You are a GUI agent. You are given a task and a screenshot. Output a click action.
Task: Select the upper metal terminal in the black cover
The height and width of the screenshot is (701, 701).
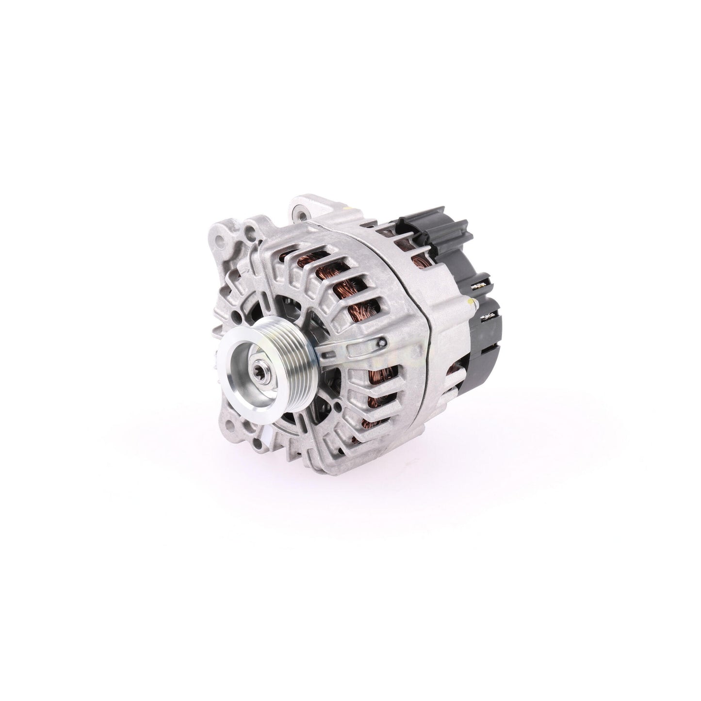tap(482, 288)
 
